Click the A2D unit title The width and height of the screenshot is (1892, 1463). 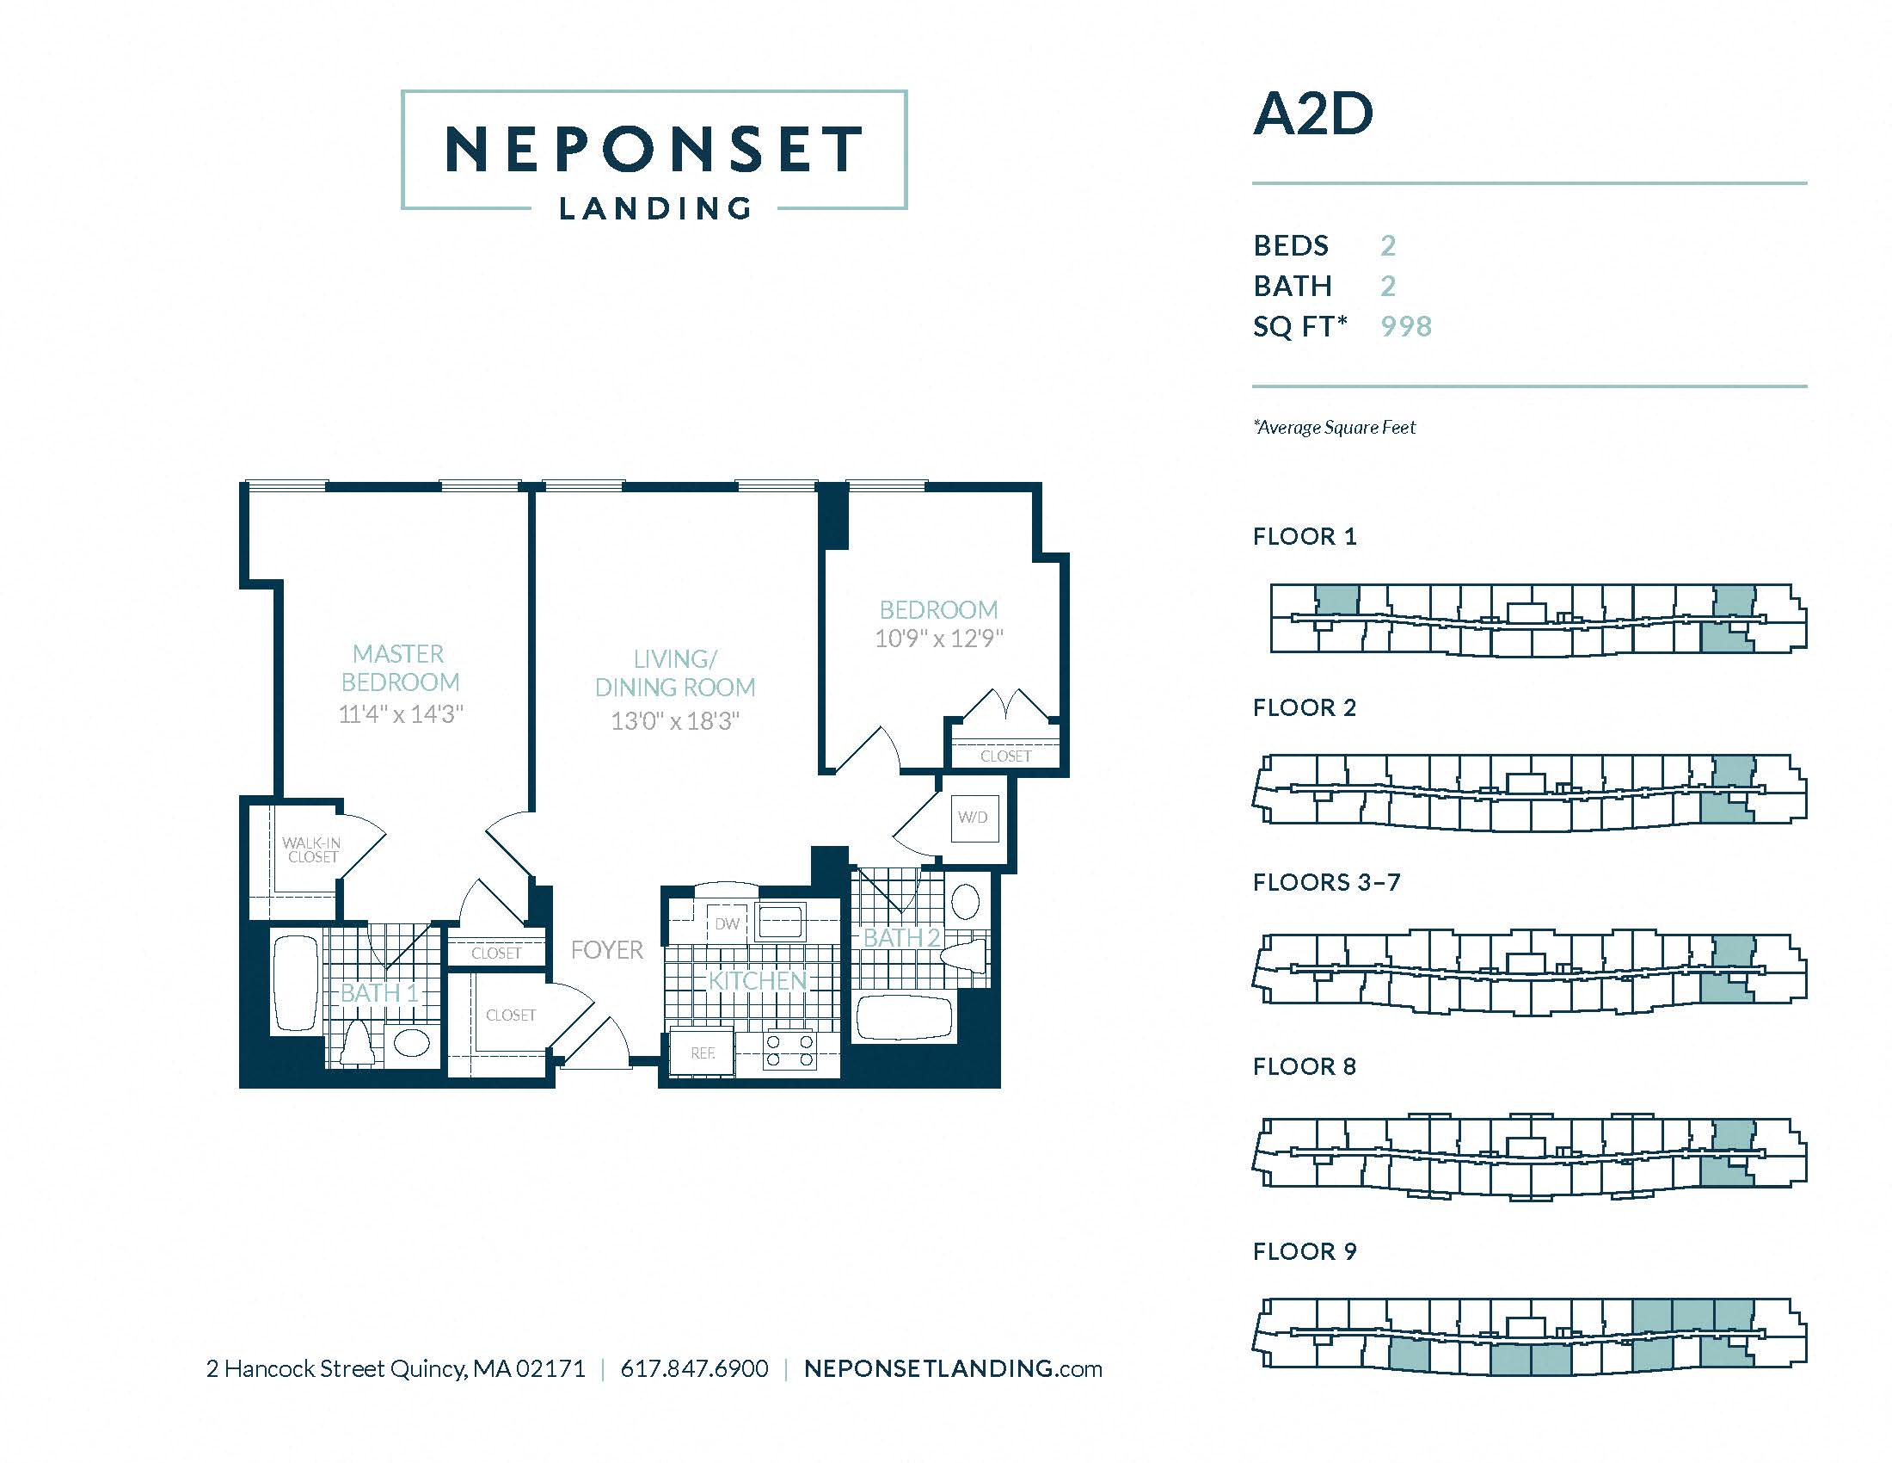coord(1313,114)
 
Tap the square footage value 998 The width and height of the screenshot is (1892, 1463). coord(1407,326)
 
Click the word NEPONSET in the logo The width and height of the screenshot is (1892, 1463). coord(654,148)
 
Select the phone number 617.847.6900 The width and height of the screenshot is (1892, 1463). coord(695,1368)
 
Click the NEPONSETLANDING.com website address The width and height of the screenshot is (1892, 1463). coord(953,1368)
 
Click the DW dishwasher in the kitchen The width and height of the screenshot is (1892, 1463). coord(728,924)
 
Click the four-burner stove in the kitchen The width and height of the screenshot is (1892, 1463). coord(789,1049)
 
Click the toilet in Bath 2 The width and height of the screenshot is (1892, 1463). coord(963,956)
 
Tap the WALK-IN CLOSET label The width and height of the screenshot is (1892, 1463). coord(312,849)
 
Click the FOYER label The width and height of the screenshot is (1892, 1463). coord(607,950)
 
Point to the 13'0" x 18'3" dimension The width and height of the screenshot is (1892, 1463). coord(675,720)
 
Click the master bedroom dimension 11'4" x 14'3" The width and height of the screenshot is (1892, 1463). coord(401,713)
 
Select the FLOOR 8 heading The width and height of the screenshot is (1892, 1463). coord(1305,1066)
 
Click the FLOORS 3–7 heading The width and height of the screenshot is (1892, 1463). coord(1326,882)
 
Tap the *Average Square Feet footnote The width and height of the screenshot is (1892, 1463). coord(1334,428)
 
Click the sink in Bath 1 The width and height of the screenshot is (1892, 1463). coord(411,1042)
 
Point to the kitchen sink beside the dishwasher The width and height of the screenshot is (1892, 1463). coord(781,923)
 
